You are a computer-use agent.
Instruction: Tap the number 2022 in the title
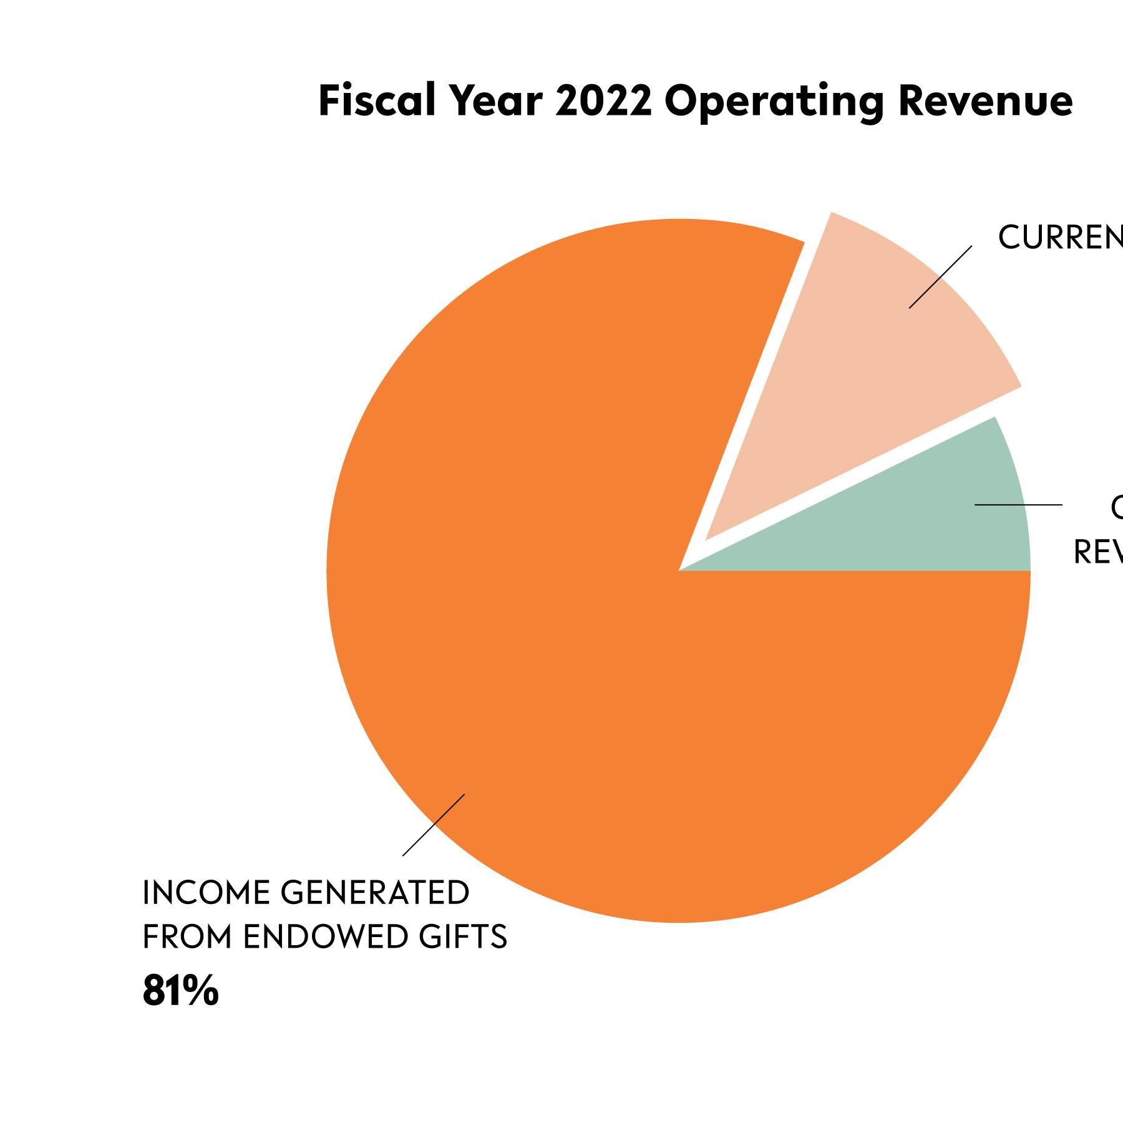[603, 101]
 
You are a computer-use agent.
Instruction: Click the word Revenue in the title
[986, 101]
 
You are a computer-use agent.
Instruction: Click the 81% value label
[181, 991]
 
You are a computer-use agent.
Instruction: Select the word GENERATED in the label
[375, 893]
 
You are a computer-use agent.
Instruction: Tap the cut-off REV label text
[1098, 552]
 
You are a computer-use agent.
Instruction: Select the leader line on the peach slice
[940, 277]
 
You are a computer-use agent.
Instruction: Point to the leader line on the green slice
[1018, 504]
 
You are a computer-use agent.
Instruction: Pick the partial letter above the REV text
[1117, 508]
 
